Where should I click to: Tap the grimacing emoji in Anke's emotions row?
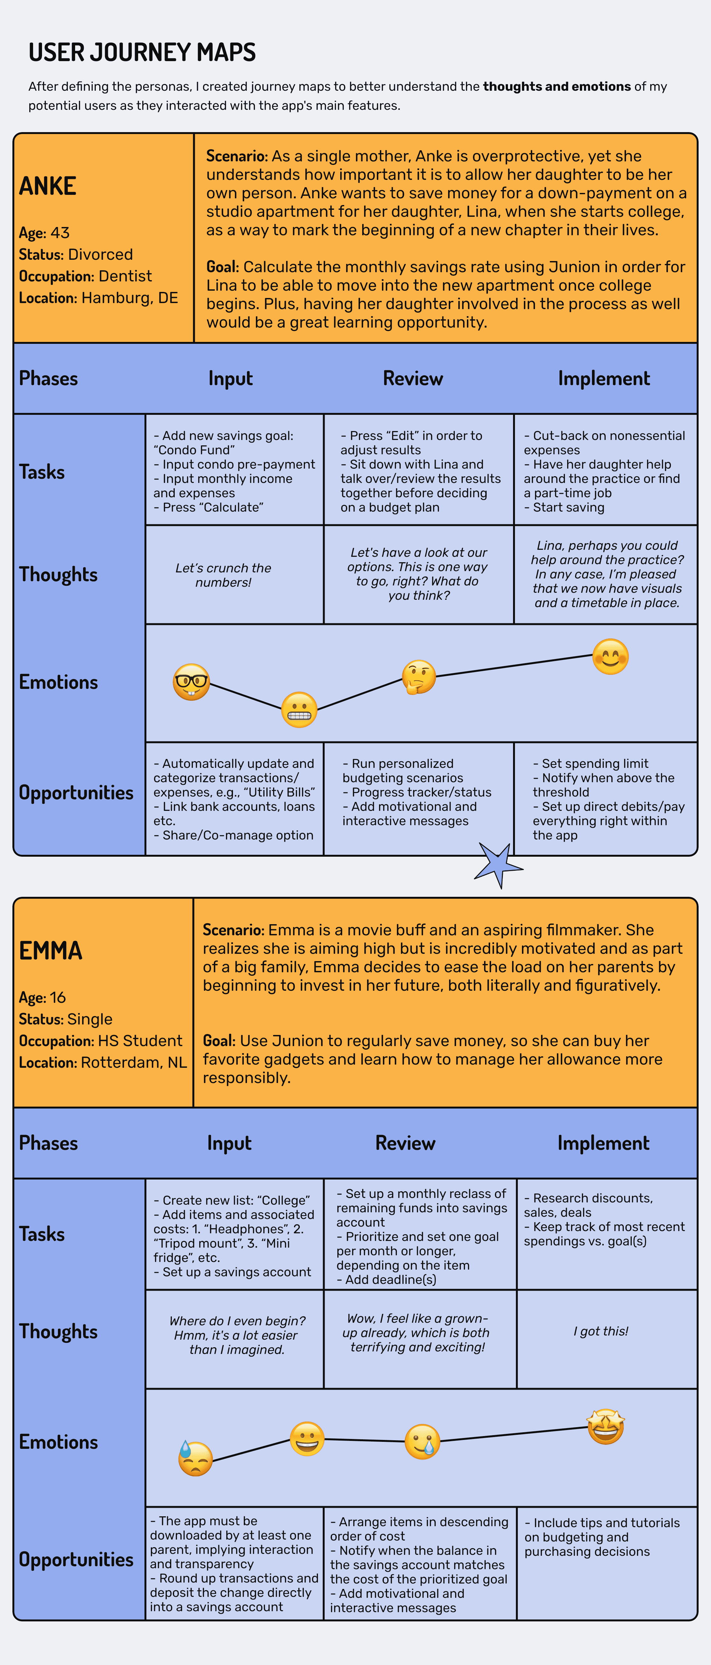tap(299, 710)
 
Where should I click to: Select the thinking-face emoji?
tap(418, 677)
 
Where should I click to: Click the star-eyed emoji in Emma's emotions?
tap(606, 1427)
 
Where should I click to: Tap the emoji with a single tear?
tap(422, 1442)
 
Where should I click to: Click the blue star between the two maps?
tap(498, 864)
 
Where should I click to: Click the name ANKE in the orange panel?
tap(48, 186)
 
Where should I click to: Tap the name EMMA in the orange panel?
tap(50, 951)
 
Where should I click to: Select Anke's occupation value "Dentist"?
tap(125, 276)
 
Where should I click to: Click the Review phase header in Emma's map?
tap(405, 1143)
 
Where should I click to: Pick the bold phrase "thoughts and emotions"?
tap(557, 87)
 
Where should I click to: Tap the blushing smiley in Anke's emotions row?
tap(610, 657)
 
